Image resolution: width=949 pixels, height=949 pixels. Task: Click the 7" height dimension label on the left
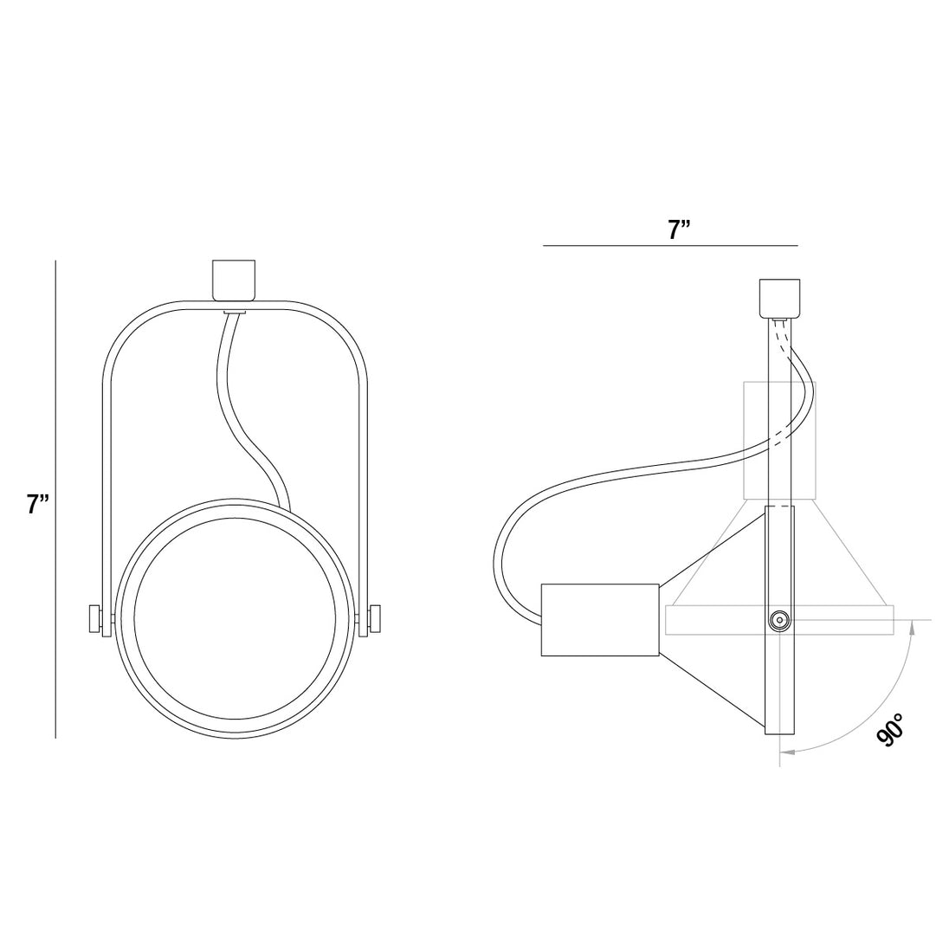(37, 504)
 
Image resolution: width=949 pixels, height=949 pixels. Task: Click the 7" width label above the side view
(679, 229)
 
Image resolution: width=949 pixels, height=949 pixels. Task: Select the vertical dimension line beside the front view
(55, 500)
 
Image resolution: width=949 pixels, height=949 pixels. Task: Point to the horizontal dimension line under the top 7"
(670, 246)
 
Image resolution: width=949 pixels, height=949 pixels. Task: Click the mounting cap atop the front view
(234, 280)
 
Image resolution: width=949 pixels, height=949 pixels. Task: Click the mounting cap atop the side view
(779, 299)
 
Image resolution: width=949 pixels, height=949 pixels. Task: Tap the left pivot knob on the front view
(95, 619)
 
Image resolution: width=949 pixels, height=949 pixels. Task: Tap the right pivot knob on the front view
(374, 619)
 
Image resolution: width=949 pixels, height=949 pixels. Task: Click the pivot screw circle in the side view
(779, 620)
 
